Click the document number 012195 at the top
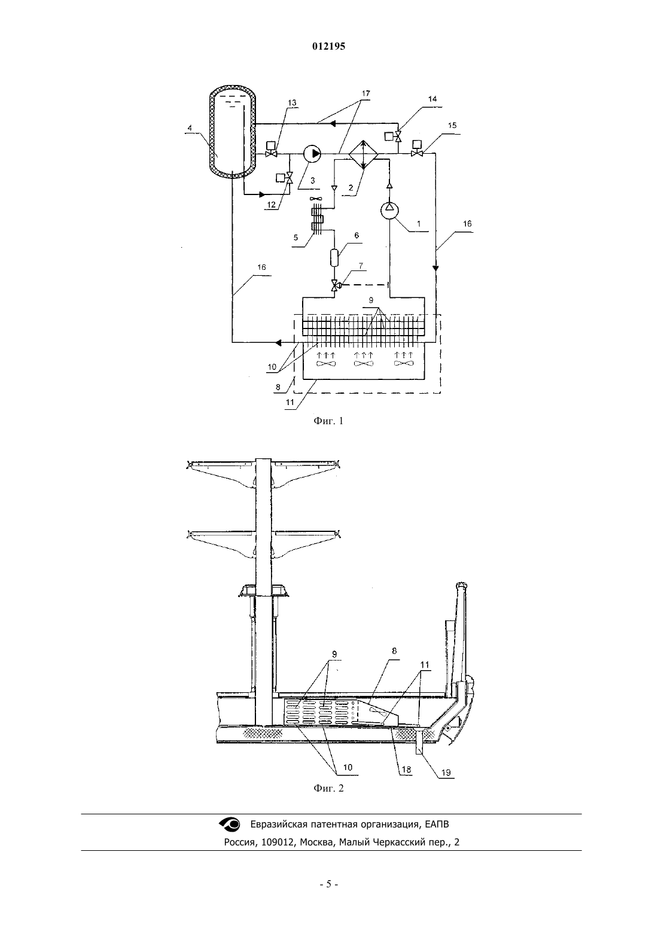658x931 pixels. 328,46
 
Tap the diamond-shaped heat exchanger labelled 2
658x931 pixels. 363,155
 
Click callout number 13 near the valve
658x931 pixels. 292,103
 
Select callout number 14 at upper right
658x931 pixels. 432,99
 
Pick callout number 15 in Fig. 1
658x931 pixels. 452,125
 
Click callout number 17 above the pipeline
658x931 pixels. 365,93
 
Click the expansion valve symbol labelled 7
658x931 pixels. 335,285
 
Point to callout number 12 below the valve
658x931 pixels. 271,205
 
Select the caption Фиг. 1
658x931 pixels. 328,421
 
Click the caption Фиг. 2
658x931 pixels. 328,788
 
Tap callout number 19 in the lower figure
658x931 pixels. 446,772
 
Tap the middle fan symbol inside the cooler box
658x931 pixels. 363,364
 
